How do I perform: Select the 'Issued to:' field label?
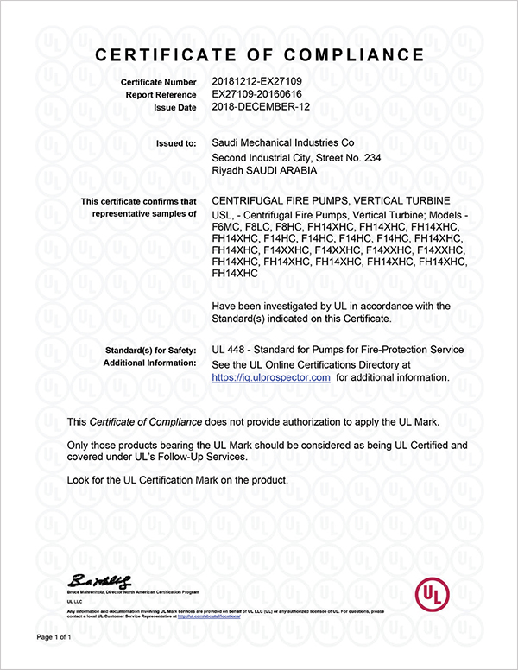(174, 143)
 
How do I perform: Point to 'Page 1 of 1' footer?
(53, 637)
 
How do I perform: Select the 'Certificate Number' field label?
(159, 81)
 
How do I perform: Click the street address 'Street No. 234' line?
(332, 158)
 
